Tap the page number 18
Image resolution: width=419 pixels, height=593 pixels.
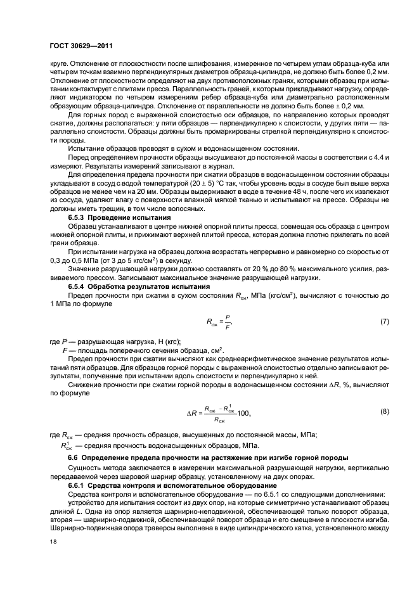52,541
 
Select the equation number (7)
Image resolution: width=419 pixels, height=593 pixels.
384,322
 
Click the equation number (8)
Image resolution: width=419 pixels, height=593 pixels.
384,412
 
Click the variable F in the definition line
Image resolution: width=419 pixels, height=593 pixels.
64,350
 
